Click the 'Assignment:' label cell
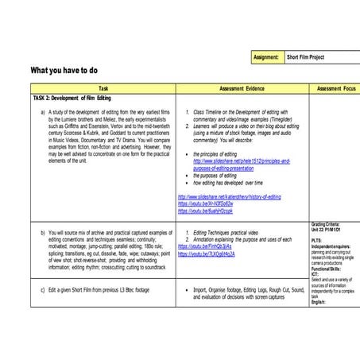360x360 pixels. pos(267,57)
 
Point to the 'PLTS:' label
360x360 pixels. pos(316,239)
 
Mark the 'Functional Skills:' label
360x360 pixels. pos(327,269)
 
